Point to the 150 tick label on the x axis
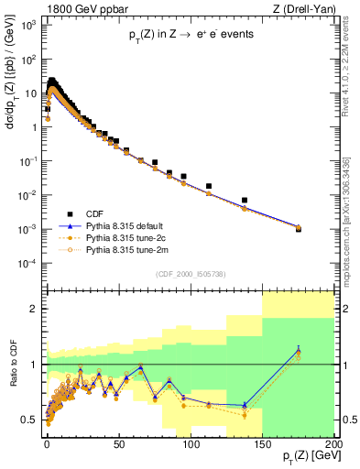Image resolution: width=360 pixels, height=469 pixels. pyautogui.click(x=262, y=442)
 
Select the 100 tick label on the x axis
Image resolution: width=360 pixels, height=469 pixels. pyautogui.click(x=190, y=442)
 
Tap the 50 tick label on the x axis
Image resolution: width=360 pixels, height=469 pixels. pyautogui.click(x=119, y=442)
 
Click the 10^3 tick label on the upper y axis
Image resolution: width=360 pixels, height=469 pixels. pyautogui.click(x=30, y=24)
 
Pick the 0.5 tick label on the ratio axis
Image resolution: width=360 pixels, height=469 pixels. pyautogui.click(x=32, y=420)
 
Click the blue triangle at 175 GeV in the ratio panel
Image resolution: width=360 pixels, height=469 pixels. pyautogui.click(x=299, y=349)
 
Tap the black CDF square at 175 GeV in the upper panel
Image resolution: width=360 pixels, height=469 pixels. pyautogui.click(x=299, y=229)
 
